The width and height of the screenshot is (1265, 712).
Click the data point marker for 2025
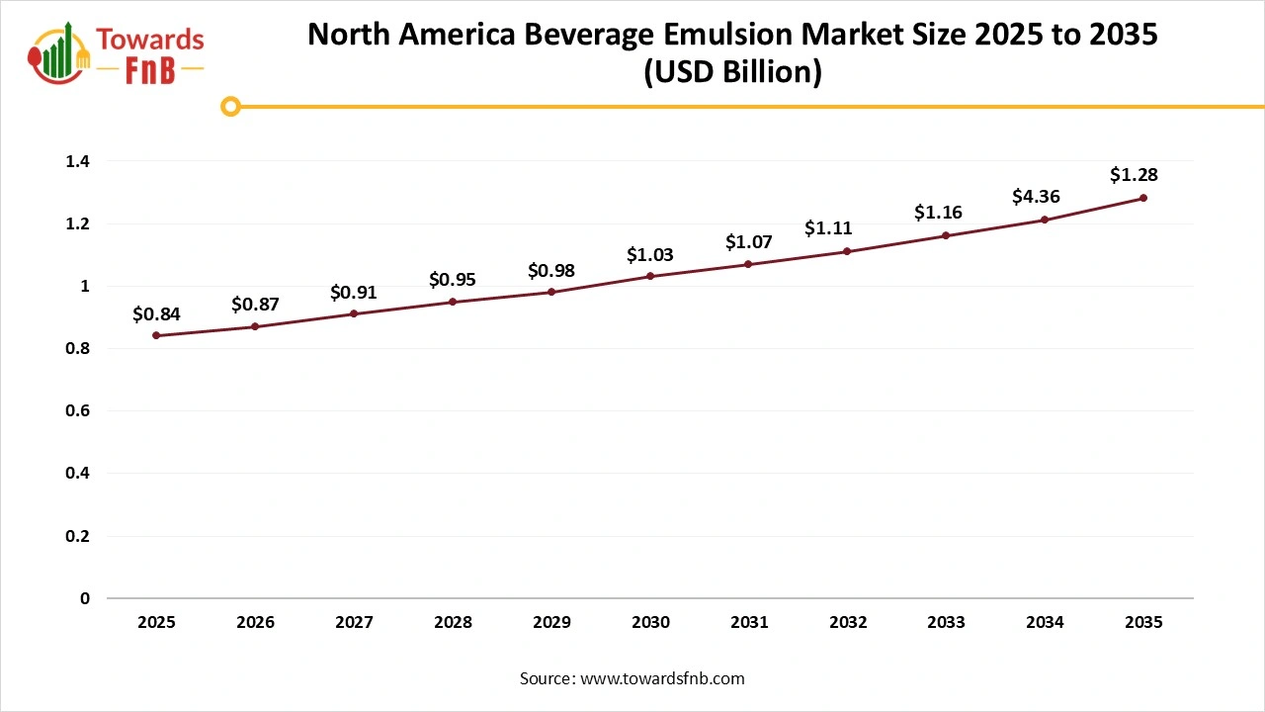156,335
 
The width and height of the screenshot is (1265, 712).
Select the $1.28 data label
1134,175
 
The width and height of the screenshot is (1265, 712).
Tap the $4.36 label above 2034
1036,197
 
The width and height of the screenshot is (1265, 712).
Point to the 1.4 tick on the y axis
78,161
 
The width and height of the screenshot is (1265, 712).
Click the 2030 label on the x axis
650,623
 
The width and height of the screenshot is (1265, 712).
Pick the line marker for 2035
1143,198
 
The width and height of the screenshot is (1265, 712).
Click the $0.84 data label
156,314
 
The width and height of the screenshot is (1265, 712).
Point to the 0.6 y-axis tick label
78,410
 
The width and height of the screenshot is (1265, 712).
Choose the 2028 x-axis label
453,623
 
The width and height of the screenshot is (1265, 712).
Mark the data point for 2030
650,276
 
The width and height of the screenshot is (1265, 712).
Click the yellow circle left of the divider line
230,106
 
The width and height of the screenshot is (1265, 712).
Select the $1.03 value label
650,255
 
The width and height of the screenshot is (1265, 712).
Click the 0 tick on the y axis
85,598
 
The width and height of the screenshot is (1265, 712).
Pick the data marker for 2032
848,251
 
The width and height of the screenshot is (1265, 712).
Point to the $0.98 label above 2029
551,270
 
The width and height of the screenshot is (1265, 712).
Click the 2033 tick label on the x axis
947,623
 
